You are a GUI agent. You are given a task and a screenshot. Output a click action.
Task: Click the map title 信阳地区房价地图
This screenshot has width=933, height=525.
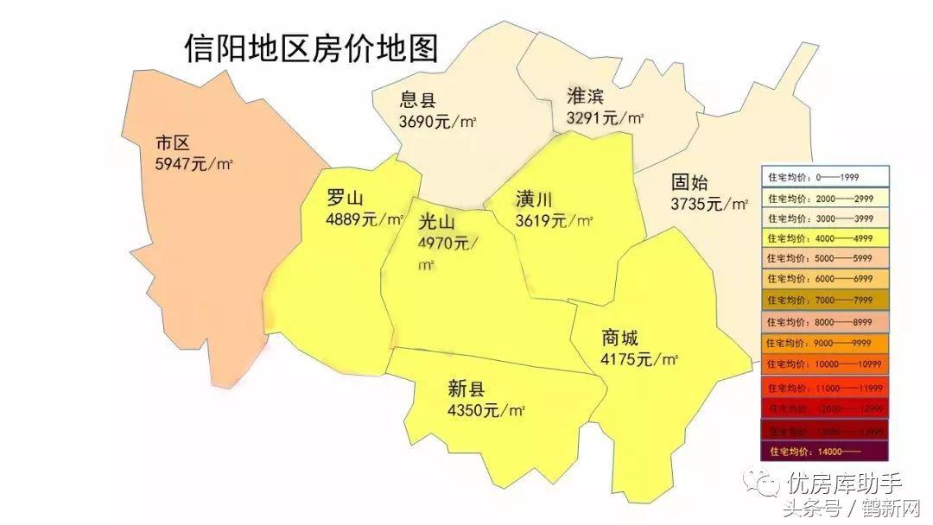[x=311, y=47]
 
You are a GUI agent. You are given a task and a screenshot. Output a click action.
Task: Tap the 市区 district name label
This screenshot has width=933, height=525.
[x=172, y=142]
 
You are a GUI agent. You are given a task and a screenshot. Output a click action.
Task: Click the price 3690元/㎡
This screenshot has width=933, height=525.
[x=439, y=122]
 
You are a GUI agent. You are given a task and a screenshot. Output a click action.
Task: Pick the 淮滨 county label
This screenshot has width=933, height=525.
[x=585, y=95]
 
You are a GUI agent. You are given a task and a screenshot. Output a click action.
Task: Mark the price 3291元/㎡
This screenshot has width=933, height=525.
[x=605, y=117]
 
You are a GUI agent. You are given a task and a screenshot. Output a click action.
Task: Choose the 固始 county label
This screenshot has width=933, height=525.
[x=689, y=183]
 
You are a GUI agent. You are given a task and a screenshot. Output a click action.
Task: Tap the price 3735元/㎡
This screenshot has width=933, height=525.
[x=709, y=205]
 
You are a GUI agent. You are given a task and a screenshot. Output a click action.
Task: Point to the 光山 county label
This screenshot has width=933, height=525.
[x=436, y=222]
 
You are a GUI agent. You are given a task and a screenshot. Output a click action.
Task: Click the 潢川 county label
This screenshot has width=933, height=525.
[x=534, y=199]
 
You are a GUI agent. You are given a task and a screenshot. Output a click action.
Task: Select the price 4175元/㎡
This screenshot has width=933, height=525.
[x=639, y=359]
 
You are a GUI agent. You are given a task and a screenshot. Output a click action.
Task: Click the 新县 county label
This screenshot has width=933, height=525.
[x=466, y=389]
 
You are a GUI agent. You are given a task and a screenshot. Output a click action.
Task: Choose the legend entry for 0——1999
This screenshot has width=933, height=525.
[x=825, y=178]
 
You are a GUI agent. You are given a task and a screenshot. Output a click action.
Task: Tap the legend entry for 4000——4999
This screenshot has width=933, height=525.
[x=825, y=238]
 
